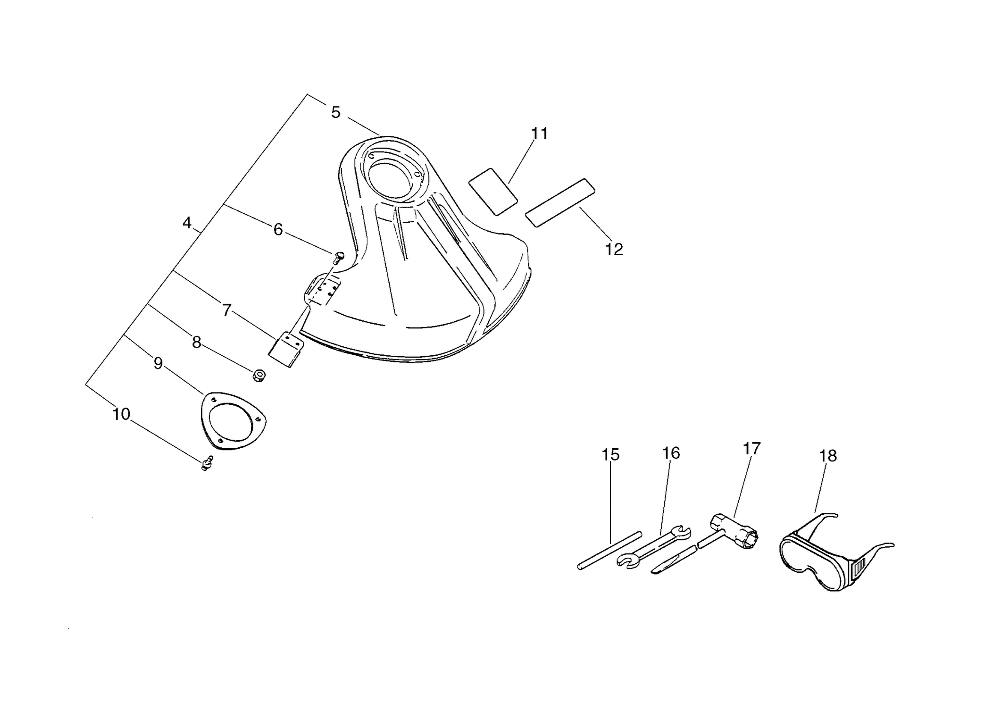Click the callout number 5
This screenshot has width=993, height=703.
335,112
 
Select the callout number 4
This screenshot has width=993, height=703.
187,223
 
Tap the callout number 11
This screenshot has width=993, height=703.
540,134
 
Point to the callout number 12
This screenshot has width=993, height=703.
614,249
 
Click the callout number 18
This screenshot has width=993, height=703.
828,456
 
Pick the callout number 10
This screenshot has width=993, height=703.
121,414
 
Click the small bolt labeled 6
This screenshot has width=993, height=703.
338,258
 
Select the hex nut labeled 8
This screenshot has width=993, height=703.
259,376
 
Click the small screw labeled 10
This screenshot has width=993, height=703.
207,463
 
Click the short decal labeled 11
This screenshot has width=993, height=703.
493,192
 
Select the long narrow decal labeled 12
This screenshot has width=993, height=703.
560,202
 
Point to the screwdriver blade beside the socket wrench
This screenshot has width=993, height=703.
674,560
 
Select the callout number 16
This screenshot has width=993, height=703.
671,453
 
